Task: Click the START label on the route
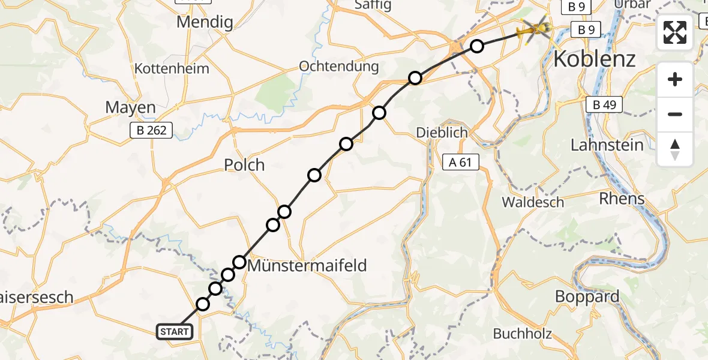(175, 331)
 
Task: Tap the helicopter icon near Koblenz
(535, 28)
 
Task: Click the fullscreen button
(675, 32)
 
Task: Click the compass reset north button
(675, 149)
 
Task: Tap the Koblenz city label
(594, 59)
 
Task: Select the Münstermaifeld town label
(307, 265)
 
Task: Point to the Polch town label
(244, 165)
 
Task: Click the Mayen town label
(130, 108)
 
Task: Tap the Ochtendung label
(338, 66)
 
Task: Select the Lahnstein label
(607, 145)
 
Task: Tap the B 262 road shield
(152, 130)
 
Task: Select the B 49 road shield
(604, 106)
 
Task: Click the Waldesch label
(533, 202)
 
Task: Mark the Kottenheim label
(172, 68)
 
